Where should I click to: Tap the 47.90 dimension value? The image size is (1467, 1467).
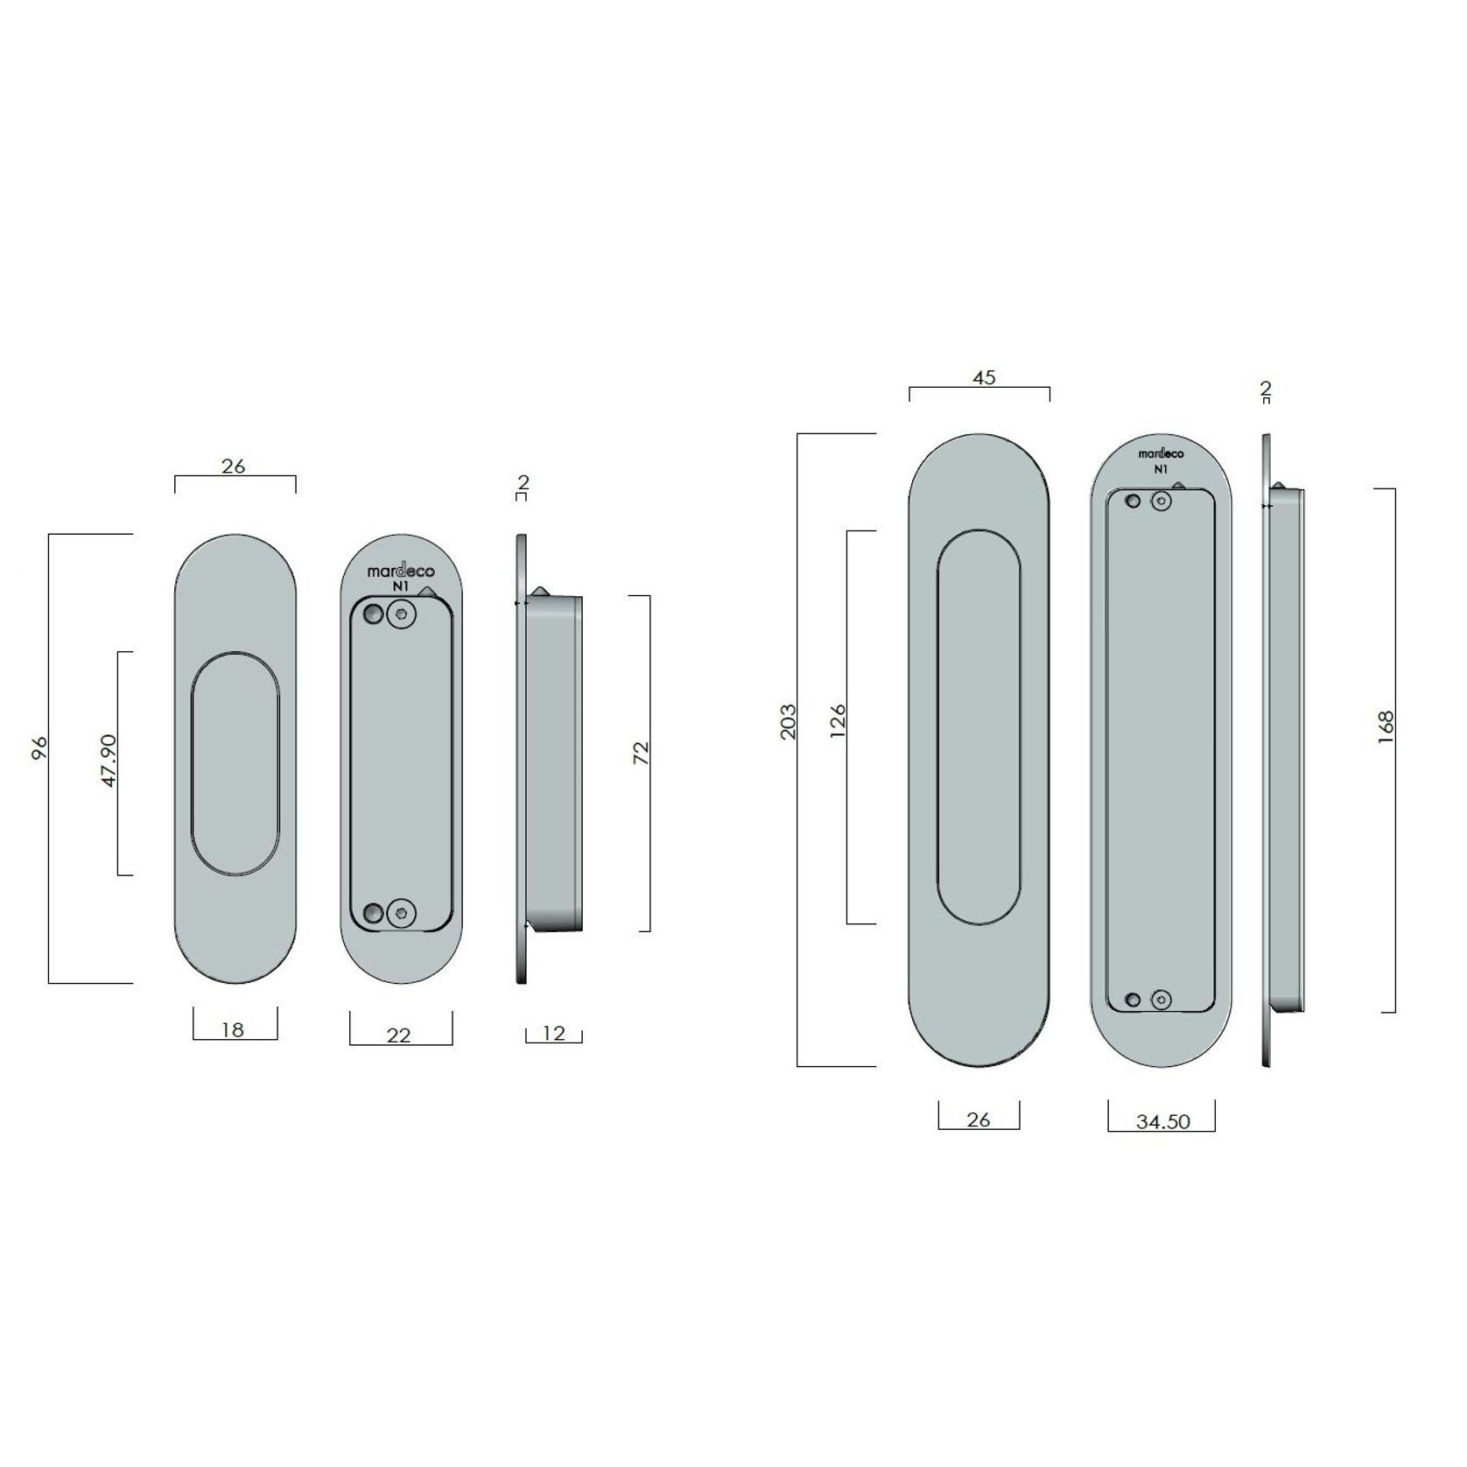pyautogui.click(x=109, y=761)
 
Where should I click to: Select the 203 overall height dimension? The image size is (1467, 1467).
pyautogui.click(x=789, y=721)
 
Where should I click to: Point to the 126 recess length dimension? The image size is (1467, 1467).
pyautogui.click(x=838, y=721)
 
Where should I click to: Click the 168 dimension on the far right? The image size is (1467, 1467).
pyautogui.click(x=1386, y=728)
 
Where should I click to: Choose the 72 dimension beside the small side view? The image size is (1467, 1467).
pyautogui.click(x=642, y=754)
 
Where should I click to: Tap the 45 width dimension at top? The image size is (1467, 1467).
pyautogui.click(x=984, y=377)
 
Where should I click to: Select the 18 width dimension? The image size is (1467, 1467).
pyautogui.click(x=233, y=1030)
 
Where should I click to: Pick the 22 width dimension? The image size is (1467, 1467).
pyautogui.click(x=399, y=1035)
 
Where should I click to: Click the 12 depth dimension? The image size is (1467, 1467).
pyautogui.click(x=553, y=1033)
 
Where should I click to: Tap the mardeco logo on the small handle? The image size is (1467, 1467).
pyautogui.click(x=401, y=572)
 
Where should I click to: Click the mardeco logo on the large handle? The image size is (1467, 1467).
pyautogui.click(x=1161, y=453)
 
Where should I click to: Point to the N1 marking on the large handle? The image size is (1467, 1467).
pyautogui.click(x=1161, y=469)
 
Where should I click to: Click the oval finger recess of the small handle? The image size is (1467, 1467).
pyautogui.click(x=235, y=763)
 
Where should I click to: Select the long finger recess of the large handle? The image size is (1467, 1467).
pyautogui.click(x=979, y=726)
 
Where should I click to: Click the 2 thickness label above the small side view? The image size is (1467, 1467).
pyautogui.click(x=523, y=482)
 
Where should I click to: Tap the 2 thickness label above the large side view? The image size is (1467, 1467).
pyautogui.click(x=1266, y=388)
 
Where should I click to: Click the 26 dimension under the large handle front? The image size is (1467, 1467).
pyautogui.click(x=979, y=1120)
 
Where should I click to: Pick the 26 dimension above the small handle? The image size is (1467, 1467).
pyautogui.click(x=233, y=467)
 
